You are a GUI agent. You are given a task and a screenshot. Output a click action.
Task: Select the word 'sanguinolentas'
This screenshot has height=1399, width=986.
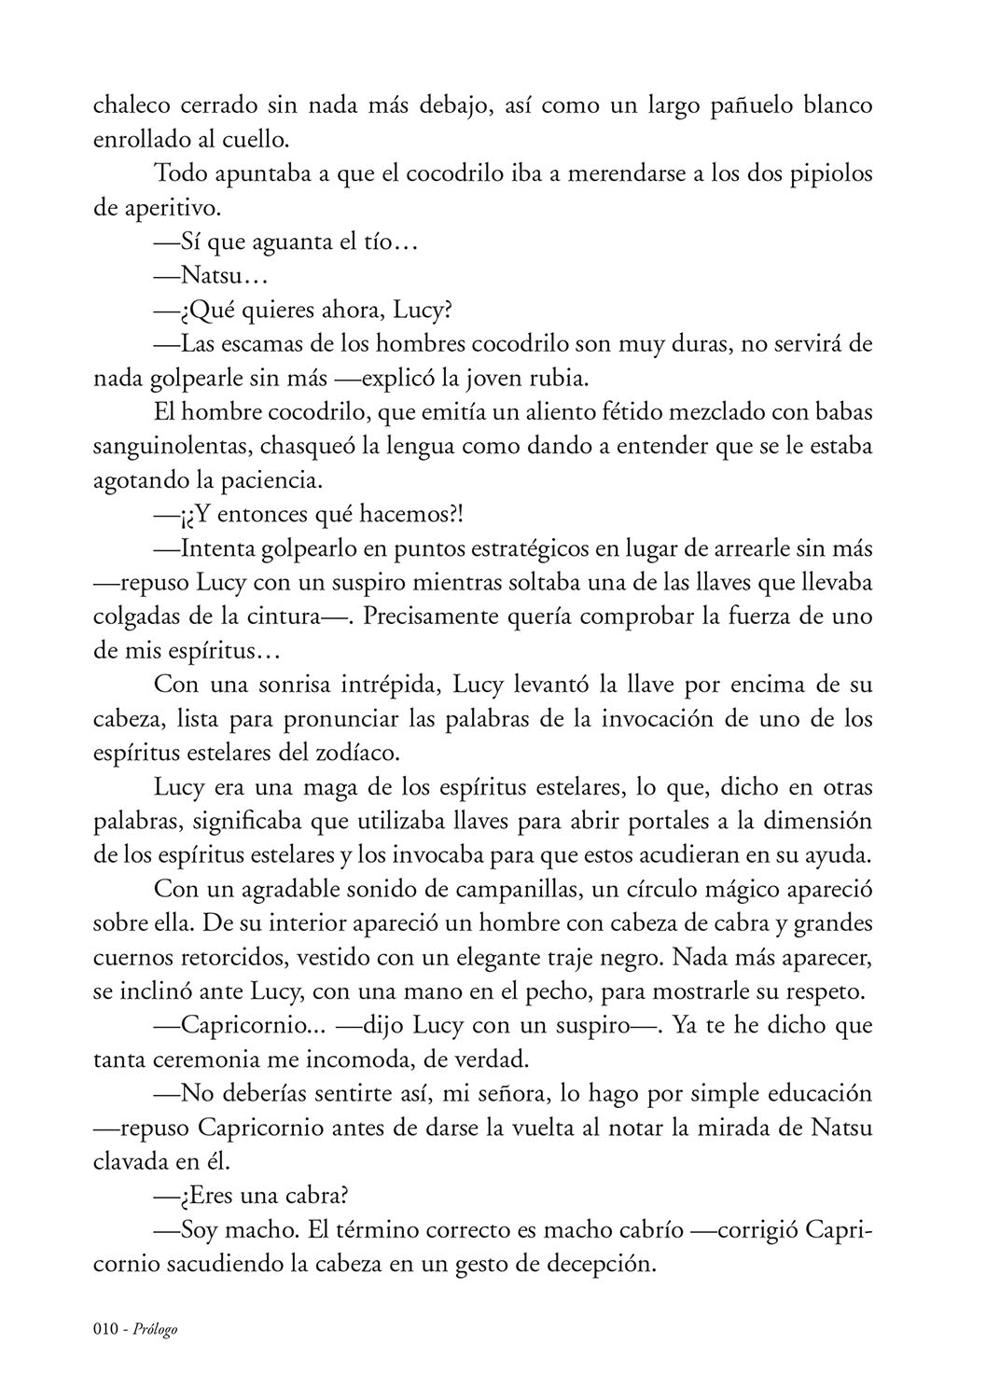tap(164, 447)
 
